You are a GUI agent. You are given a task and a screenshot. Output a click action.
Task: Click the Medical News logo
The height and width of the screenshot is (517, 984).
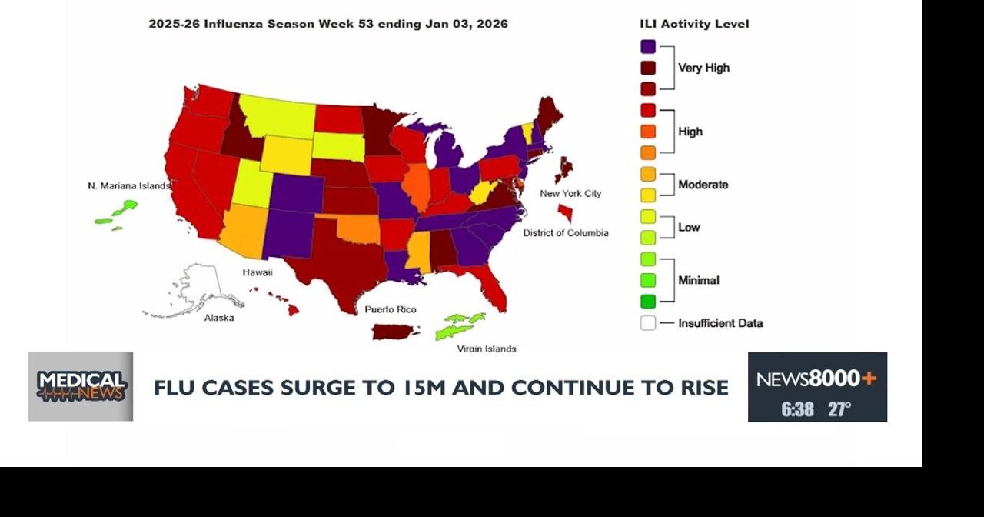pos(81,386)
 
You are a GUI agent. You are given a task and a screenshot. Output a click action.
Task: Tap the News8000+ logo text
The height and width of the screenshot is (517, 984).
pos(816,379)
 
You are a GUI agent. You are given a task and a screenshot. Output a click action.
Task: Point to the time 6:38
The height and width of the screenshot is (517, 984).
pos(797,409)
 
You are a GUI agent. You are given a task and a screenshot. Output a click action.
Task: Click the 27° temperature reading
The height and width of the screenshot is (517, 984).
pos(839,409)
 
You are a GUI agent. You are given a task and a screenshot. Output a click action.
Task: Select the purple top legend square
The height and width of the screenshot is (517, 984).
pos(648,47)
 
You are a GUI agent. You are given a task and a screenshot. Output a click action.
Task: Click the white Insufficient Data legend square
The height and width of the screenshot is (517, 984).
pos(648,323)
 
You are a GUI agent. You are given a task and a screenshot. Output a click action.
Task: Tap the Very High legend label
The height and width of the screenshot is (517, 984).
pos(703,68)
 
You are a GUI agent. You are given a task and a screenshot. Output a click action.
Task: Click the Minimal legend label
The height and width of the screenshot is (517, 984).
pos(698,280)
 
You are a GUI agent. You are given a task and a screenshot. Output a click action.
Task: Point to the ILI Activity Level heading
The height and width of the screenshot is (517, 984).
pos(694,24)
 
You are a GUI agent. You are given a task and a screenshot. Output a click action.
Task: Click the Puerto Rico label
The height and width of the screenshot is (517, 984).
pos(391,309)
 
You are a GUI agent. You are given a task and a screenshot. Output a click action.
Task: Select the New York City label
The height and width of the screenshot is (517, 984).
pos(570,193)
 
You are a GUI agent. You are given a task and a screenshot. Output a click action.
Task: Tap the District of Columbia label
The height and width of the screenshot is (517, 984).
pos(566,232)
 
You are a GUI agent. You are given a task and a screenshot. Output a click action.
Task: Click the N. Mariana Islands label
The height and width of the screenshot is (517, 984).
pos(128,186)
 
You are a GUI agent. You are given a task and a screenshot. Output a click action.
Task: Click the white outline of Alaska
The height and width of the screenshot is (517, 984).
pos(201,289)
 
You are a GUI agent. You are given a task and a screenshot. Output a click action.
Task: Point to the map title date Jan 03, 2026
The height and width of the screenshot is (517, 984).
pos(466,24)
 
